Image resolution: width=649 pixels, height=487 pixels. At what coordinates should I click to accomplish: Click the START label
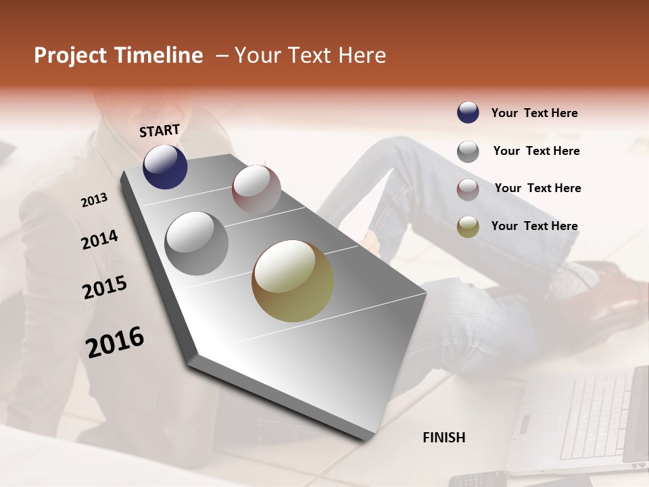point(160,131)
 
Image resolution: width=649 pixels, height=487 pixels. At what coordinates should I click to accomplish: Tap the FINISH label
point(443,438)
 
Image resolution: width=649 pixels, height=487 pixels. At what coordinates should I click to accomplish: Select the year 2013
point(95,200)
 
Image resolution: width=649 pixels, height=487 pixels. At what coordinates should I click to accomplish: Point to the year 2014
point(100,239)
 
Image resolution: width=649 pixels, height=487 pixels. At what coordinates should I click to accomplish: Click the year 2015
point(105,287)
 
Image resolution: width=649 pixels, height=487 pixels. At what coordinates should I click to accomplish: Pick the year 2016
point(115,342)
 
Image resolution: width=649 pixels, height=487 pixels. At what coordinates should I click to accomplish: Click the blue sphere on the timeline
point(165,167)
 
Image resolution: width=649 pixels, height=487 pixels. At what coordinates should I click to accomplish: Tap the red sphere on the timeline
point(256,189)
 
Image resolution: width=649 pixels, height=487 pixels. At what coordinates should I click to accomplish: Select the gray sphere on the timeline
point(197,243)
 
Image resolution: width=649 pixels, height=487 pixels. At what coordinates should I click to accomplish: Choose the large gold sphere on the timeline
point(293,281)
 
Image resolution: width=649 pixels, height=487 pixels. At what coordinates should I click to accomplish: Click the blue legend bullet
point(468,113)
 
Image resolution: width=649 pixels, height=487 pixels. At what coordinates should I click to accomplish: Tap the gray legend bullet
point(468,151)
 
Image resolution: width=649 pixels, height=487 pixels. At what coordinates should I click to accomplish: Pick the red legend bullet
point(468,189)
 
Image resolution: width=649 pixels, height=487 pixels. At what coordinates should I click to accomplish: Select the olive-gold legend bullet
point(468,227)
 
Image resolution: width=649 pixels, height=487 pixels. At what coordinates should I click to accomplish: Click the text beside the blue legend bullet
point(534,113)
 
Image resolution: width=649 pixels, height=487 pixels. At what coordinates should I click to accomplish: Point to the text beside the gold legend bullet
point(534,226)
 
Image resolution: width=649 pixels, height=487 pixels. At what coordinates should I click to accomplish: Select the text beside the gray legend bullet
point(536,151)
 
